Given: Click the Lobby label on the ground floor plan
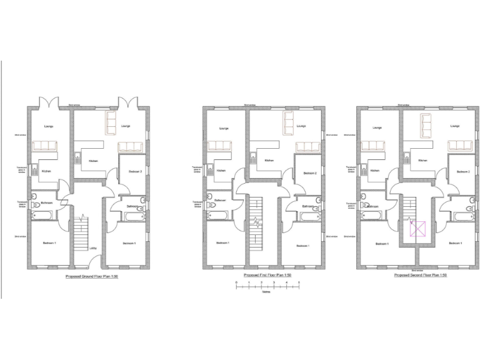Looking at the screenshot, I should point(92,248).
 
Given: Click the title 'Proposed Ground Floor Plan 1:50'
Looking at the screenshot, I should point(92,276).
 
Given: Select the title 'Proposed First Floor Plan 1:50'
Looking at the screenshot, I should point(267,276).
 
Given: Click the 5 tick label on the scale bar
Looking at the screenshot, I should point(299,283).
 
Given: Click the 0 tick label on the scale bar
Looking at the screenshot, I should point(236,283).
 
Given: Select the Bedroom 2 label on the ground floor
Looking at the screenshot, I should point(136,171).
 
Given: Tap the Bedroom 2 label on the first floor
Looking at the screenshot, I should point(311,172).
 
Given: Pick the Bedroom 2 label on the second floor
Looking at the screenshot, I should point(463,172).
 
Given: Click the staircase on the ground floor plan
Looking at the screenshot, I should point(81,234).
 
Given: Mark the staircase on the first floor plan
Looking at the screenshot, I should point(255,228).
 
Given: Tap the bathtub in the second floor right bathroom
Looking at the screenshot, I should point(463,217).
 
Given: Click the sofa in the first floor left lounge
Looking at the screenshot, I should point(219,146).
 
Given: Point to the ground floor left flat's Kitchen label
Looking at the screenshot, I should point(46,171).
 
